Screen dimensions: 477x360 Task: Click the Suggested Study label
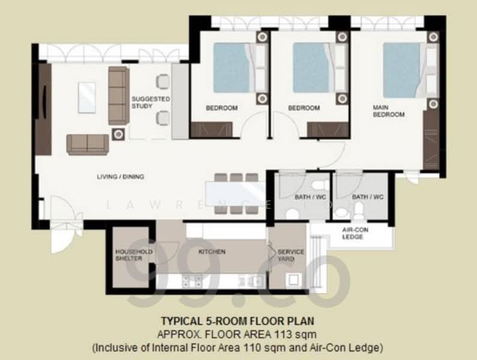151,102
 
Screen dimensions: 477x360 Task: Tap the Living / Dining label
121,176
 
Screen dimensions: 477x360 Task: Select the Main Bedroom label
388,111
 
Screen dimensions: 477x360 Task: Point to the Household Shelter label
133,255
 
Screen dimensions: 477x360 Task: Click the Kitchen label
212,251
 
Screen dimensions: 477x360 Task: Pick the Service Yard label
290,256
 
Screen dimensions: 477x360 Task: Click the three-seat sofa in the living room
119,95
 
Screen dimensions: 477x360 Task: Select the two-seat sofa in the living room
88,145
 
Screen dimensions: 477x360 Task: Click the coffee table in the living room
86,97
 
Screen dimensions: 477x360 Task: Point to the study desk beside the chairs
180,101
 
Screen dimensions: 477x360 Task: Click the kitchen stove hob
192,281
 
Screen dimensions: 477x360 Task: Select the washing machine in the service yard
293,280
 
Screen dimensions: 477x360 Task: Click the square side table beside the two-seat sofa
118,134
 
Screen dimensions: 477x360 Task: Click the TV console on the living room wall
44,109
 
